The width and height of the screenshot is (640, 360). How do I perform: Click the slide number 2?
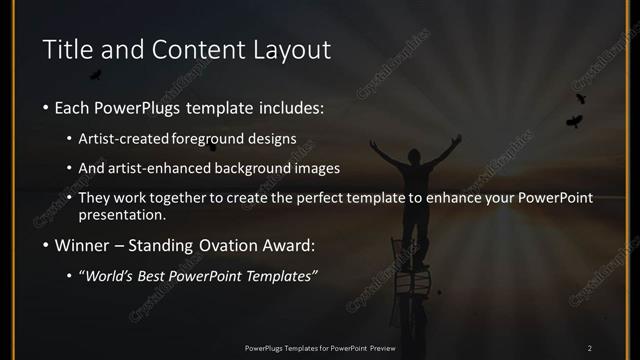(x=590, y=348)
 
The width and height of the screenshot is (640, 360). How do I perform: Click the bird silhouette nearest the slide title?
(x=96, y=75)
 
